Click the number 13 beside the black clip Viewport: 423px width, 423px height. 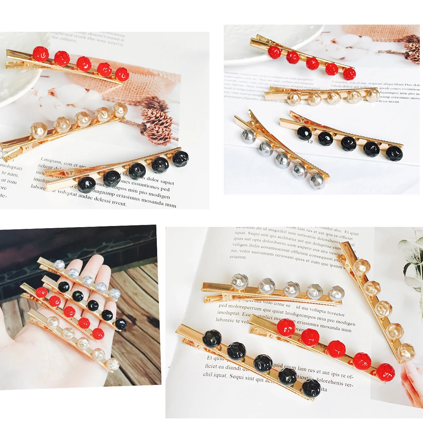tap(310, 142)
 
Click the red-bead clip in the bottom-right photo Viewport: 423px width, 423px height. tap(326, 345)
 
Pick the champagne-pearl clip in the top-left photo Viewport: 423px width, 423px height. tap(72, 127)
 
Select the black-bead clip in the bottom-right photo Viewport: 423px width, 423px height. tap(250, 362)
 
